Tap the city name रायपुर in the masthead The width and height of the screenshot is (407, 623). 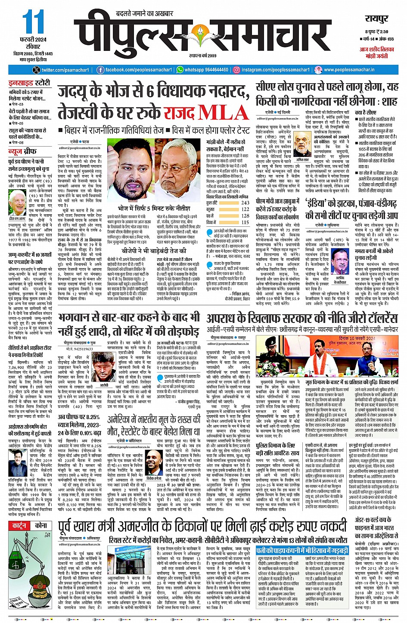point(377,19)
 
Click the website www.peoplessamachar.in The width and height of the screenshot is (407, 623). point(349,70)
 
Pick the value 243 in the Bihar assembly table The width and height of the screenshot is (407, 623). point(245,202)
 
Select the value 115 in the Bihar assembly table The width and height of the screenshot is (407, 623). point(245,222)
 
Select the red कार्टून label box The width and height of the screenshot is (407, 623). point(20,526)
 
